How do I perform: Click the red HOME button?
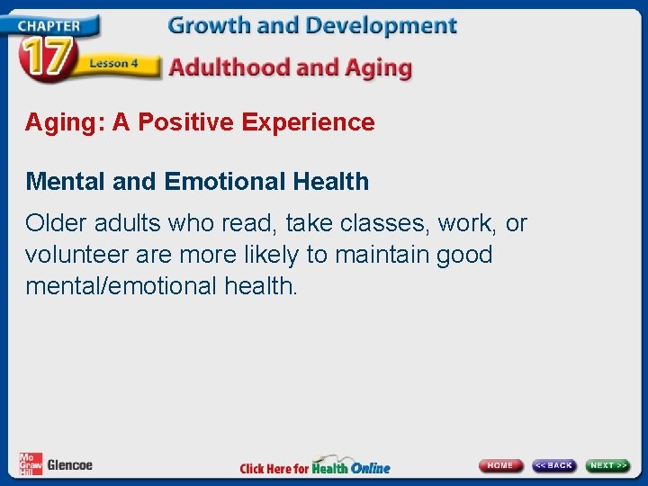[500, 465]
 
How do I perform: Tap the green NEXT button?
[608, 465]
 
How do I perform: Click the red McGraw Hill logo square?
[30, 463]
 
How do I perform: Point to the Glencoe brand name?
[69, 465]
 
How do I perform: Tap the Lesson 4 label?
[112, 63]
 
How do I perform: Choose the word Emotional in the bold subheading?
[226, 181]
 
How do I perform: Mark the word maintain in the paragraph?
[382, 255]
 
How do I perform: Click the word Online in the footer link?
[370, 468]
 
